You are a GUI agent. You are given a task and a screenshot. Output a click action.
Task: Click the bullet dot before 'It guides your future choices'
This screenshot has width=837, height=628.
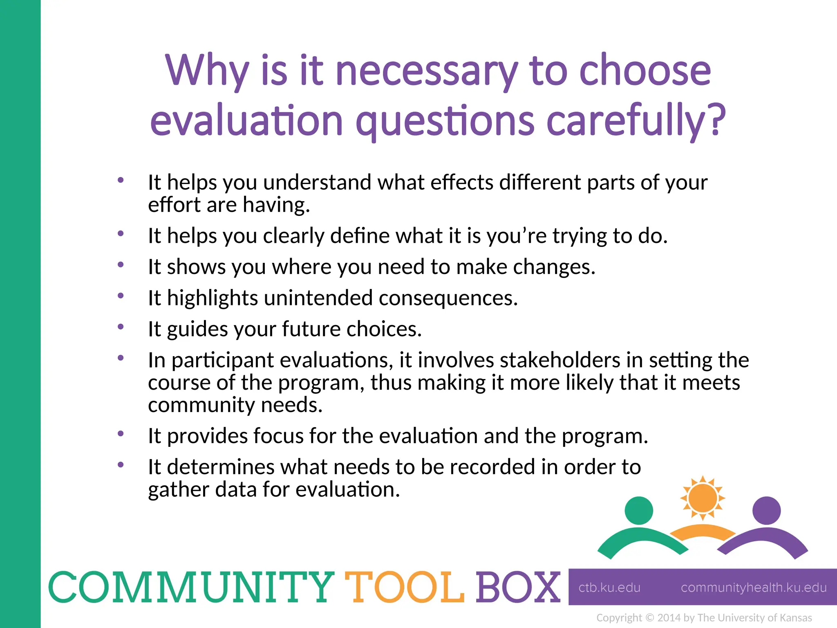[x=121, y=327]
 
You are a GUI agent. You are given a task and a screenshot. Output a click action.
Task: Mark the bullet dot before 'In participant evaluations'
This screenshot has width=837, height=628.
[x=121, y=358]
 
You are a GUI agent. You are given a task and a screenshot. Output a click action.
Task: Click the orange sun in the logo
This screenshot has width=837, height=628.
[x=703, y=498]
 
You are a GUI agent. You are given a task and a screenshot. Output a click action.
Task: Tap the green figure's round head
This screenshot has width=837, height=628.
[x=639, y=511]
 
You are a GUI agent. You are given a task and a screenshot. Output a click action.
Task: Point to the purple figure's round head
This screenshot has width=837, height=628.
[x=766, y=511]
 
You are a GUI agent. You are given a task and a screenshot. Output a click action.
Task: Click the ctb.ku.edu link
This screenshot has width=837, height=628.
[x=609, y=588]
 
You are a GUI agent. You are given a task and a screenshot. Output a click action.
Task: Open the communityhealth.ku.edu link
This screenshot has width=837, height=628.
[x=754, y=588]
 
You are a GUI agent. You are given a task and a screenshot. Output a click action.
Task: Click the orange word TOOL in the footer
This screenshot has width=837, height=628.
[x=405, y=588]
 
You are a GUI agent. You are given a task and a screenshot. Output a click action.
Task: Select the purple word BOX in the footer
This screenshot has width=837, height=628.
[x=518, y=588]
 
